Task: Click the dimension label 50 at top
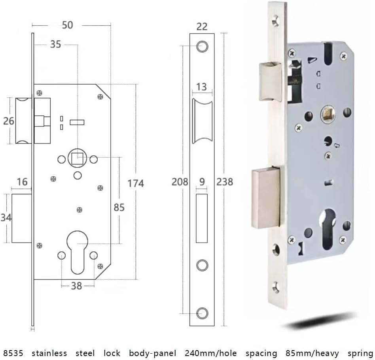[x=68, y=25]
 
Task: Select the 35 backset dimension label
[x=55, y=44]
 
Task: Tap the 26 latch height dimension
[x=8, y=121]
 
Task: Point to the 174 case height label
[x=136, y=183]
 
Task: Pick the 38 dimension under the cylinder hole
[x=76, y=285]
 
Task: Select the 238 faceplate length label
[x=225, y=181]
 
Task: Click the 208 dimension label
[x=180, y=181]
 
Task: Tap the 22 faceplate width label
[x=202, y=26]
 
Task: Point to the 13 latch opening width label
[x=202, y=87]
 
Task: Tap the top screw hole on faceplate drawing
[x=202, y=46]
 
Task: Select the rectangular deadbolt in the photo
[x=266, y=197]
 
